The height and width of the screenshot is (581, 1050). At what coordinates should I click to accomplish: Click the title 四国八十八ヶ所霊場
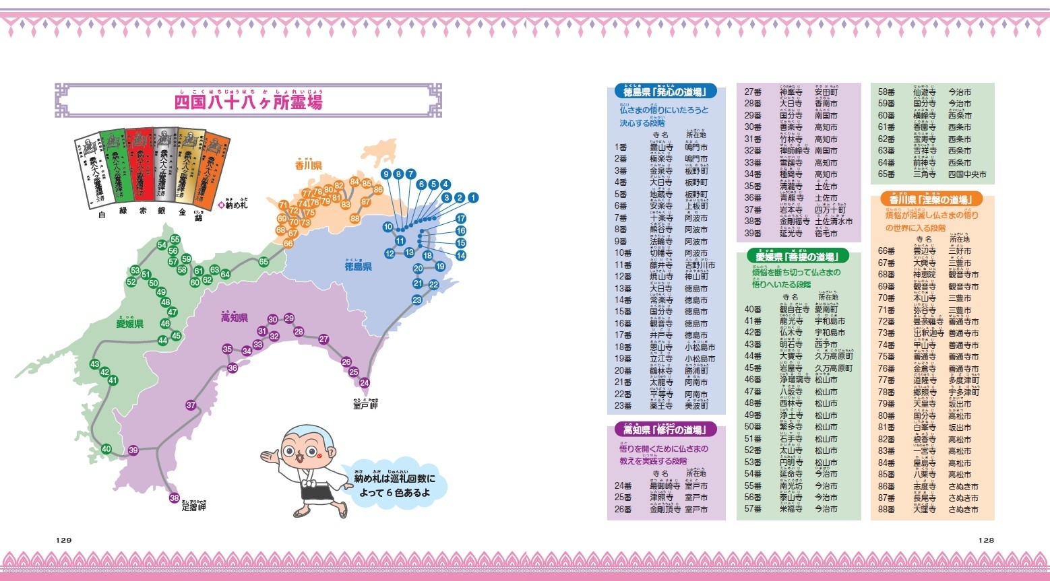249,102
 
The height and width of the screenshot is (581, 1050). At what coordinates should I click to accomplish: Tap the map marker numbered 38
175,498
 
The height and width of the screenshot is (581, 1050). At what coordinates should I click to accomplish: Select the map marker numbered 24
365,383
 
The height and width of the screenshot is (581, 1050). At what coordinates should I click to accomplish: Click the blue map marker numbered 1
473,197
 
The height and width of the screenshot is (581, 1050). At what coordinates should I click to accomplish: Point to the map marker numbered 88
355,218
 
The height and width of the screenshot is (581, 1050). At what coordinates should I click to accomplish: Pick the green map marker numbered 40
106,449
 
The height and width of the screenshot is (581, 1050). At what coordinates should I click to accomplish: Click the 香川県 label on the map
308,166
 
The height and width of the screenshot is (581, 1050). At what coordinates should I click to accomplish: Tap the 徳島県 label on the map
359,267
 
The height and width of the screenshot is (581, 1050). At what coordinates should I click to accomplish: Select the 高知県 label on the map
235,318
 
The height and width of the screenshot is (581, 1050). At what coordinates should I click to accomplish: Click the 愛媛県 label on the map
129,324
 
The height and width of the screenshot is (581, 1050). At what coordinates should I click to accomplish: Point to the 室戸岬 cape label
365,405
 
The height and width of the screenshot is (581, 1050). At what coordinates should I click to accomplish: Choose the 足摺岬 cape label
194,507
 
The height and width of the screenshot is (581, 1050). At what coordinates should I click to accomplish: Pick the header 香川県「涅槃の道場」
931,199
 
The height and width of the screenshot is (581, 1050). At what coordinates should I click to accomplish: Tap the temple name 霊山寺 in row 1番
661,147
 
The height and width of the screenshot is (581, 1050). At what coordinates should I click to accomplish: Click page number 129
64,540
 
